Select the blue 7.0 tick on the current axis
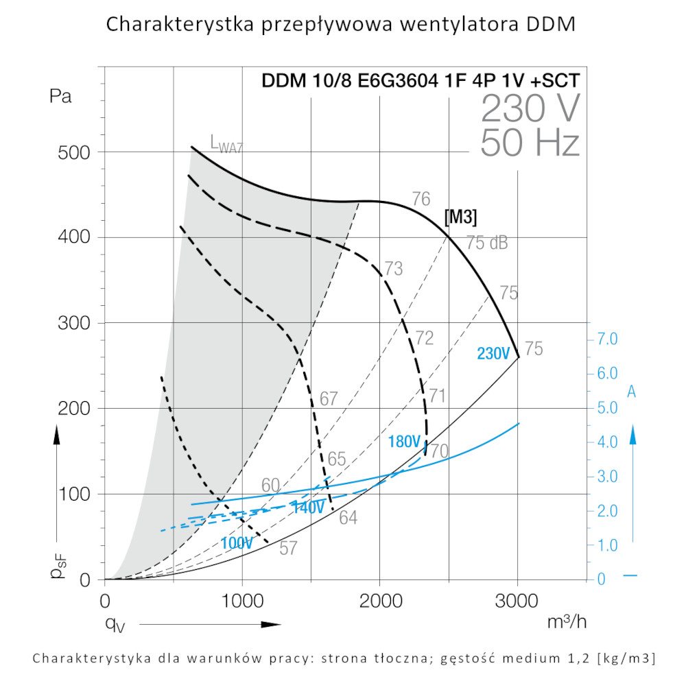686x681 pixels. (608, 339)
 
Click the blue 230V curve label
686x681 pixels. (494, 354)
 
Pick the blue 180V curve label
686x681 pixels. (404, 442)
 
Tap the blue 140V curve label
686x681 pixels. (308, 508)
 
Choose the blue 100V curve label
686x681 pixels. (237, 542)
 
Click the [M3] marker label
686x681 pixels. (460, 217)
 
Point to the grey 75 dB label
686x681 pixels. (487, 243)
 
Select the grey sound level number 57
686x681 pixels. (289, 548)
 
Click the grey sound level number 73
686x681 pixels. (393, 269)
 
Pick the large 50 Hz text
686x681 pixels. (530, 143)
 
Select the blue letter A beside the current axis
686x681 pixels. (632, 392)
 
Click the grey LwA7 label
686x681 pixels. (226, 144)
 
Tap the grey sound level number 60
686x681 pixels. (270, 486)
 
